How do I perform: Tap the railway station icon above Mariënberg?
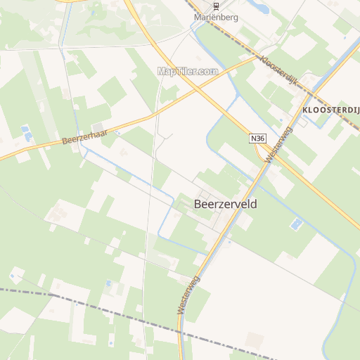point(217,6)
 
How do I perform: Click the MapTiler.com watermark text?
point(187,71)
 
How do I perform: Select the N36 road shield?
point(257,139)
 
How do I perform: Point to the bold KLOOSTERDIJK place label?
point(330,111)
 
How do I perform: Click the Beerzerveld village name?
point(225,204)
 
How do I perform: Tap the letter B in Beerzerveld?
point(197,204)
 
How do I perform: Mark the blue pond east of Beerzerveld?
point(296,224)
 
